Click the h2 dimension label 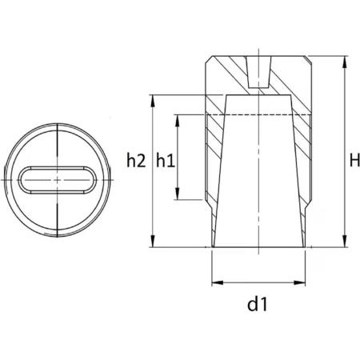click(136, 161)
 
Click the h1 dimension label click(166, 161)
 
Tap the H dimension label click(354, 161)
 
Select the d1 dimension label click(257, 304)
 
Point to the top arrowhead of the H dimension click(345, 62)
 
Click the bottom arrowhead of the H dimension click(345, 242)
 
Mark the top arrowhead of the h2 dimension click(153, 101)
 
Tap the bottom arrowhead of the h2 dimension click(153, 242)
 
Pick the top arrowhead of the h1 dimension click(178, 121)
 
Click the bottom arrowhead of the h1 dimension click(178, 194)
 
